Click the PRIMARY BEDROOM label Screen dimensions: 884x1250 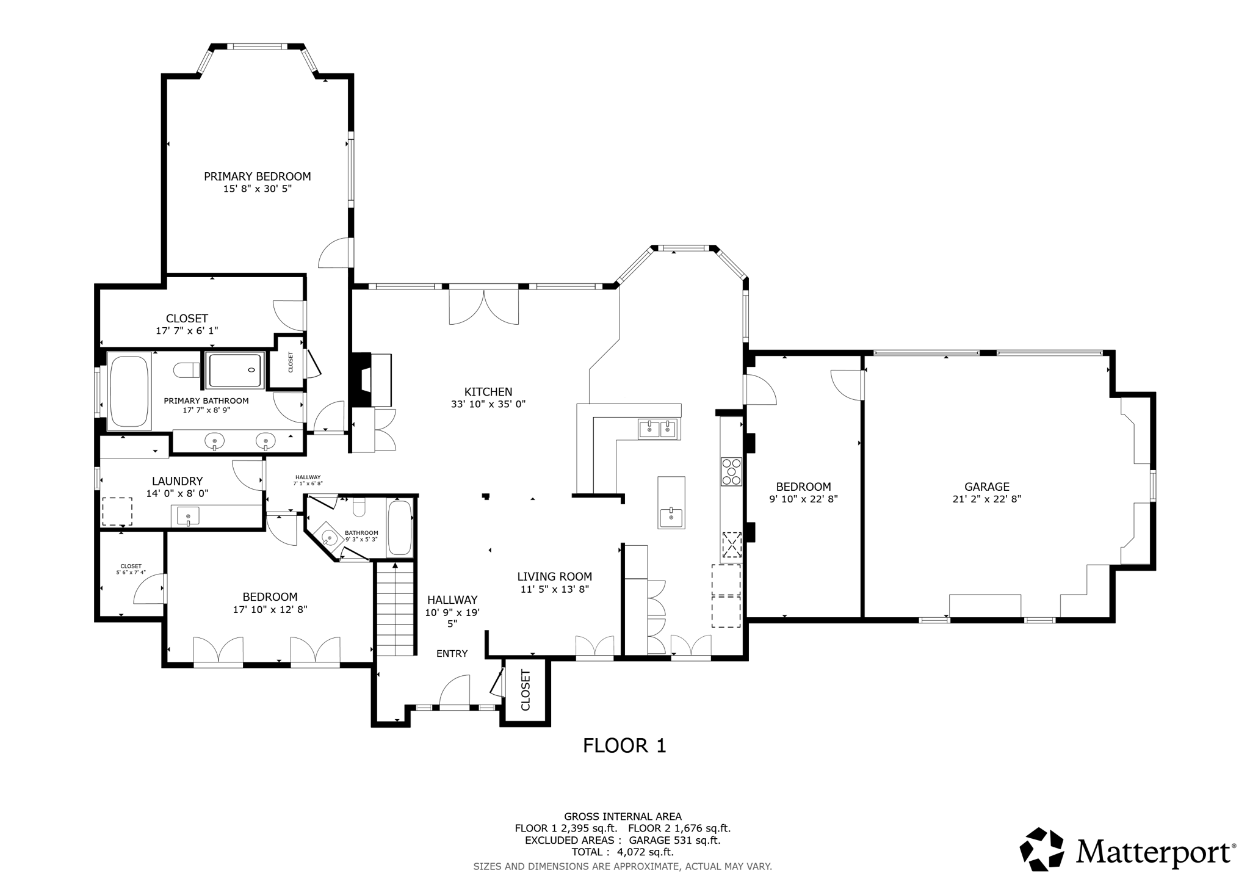[x=257, y=176]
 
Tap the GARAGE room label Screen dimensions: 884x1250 [x=986, y=487]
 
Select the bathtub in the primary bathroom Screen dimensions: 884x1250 [x=129, y=391]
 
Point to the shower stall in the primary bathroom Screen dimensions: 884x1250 [x=235, y=370]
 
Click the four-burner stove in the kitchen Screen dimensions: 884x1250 [x=731, y=471]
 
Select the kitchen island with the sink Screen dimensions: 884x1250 [x=671, y=502]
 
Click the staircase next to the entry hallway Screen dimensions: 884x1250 [x=396, y=609]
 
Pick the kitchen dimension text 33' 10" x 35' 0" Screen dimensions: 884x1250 [x=488, y=404]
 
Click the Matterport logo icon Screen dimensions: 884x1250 [x=1041, y=849]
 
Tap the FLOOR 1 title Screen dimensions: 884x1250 [x=624, y=745]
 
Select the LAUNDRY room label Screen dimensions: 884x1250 [x=177, y=481]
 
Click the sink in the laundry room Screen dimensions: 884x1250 [x=188, y=516]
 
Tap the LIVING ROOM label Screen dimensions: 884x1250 [x=554, y=576]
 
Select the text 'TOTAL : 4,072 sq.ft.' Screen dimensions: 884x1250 [x=622, y=852]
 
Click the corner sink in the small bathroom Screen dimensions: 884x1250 [x=329, y=538]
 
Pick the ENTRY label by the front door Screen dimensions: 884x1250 [x=452, y=653]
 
